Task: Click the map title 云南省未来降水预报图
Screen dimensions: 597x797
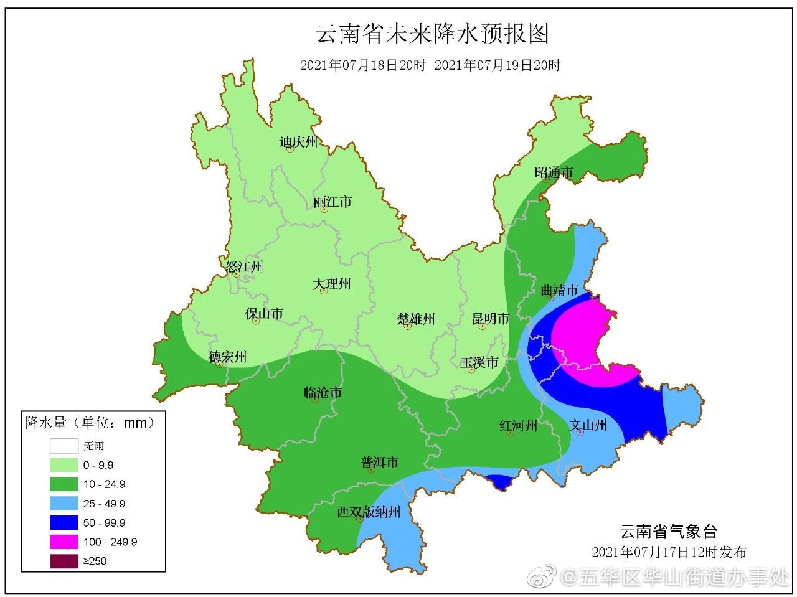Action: click(x=433, y=34)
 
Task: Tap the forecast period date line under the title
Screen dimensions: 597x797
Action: click(x=430, y=65)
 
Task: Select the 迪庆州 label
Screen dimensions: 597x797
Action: click(x=298, y=142)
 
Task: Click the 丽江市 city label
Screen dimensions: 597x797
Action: click(x=332, y=202)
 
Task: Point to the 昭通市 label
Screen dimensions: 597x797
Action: click(x=554, y=172)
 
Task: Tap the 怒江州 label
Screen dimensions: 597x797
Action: click(x=244, y=267)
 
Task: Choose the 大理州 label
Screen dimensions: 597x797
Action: click(x=332, y=284)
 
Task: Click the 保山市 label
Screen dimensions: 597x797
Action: click(x=265, y=313)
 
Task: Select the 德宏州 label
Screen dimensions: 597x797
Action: click(x=227, y=357)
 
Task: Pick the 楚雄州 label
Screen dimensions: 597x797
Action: click(x=416, y=319)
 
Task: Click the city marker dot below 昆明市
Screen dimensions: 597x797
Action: click(x=482, y=326)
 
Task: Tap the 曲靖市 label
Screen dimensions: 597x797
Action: click(x=559, y=289)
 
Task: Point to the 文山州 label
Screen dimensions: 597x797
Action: click(x=588, y=425)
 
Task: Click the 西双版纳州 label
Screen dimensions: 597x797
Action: click(x=369, y=512)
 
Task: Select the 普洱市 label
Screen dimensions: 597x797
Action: click(x=379, y=463)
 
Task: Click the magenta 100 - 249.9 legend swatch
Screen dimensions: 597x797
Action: click(x=64, y=542)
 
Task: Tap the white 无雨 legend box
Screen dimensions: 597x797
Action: click(x=64, y=446)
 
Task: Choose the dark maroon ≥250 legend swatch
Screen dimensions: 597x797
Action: click(x=64, y=561)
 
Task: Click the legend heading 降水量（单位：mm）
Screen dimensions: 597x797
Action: click(x=90, y=423)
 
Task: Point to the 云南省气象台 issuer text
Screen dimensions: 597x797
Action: click(x=669, y=531)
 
